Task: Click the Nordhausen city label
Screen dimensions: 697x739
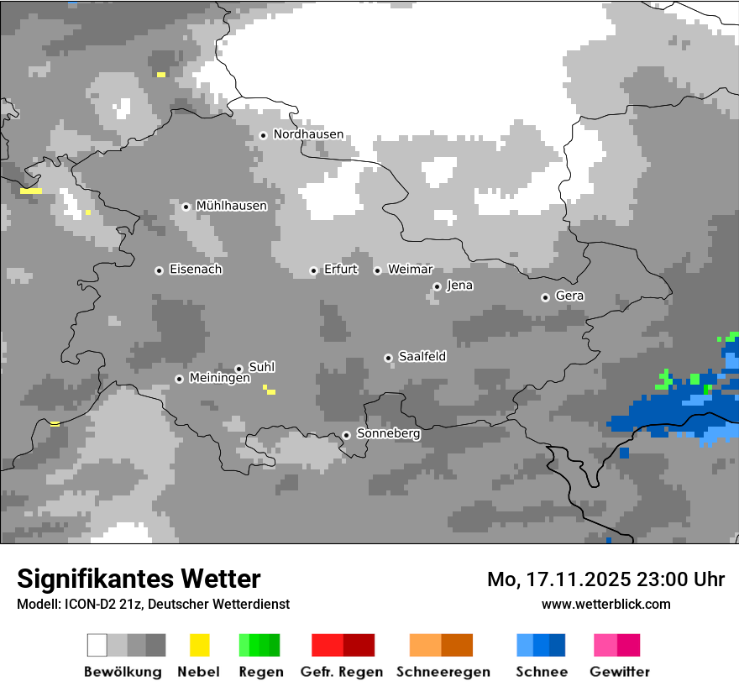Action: (308, 134)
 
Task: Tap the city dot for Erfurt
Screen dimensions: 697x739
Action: (313, 270)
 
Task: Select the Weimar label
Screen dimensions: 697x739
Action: (410, 270)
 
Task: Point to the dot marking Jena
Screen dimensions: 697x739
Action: (437, 286)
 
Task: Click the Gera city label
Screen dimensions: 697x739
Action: (569, 296)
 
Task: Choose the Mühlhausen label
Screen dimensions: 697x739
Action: (231, 206)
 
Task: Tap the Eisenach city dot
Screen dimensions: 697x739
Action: (159, 270)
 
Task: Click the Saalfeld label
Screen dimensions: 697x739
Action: (422, 357)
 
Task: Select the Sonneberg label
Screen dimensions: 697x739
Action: (388, 434)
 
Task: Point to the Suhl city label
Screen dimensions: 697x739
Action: (262, 367)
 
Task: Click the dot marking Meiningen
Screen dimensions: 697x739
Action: (179, 379)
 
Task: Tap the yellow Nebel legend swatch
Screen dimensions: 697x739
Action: (199, 645)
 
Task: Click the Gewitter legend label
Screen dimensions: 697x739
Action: (620, 672)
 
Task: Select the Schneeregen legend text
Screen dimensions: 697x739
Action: (443, 672)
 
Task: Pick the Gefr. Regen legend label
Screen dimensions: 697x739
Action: (342, 672)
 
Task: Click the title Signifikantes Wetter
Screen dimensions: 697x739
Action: (139, 579)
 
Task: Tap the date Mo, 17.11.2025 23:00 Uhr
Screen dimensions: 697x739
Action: (605, 579)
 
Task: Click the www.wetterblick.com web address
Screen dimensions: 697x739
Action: (605, 604)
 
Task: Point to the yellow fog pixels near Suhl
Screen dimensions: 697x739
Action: (270, 390)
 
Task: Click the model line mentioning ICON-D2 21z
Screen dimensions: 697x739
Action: (153, 604)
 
